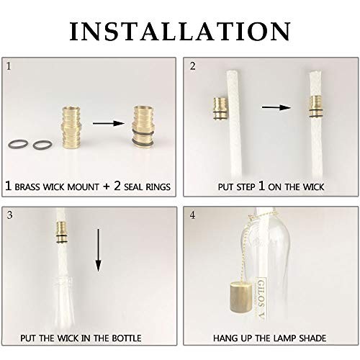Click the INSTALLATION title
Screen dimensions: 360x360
tap(180, 31)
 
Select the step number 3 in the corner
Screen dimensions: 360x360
tap(9, 215)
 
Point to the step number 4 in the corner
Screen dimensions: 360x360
tap(192, 215)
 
